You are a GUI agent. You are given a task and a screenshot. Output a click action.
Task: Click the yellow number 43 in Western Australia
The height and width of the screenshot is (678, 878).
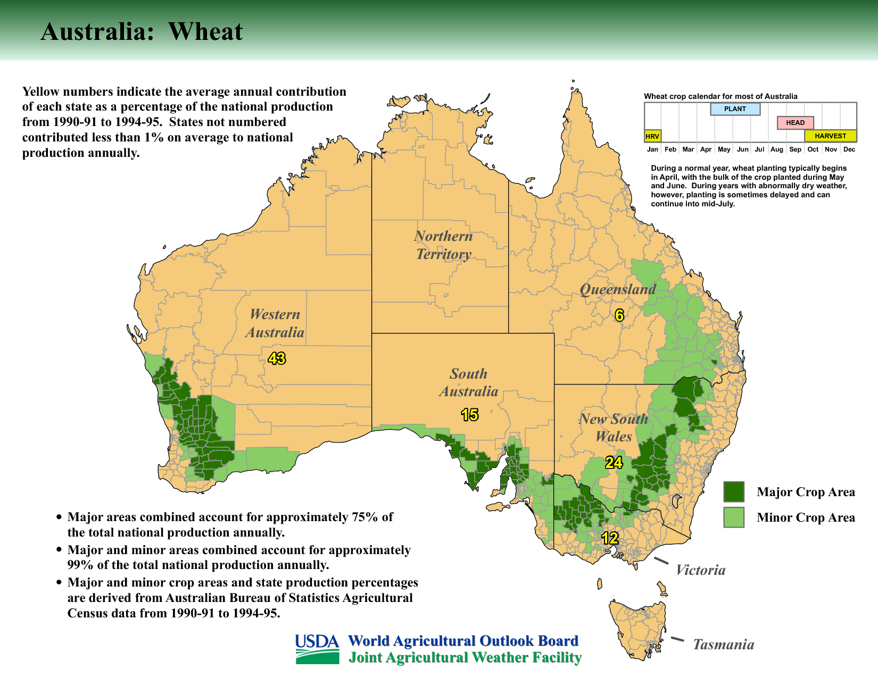tap(277, 358)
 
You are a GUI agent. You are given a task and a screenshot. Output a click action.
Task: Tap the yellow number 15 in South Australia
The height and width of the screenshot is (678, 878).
tap(469, 415)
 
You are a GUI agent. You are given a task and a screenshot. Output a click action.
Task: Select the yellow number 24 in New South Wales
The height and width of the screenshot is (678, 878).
tap(614, 463)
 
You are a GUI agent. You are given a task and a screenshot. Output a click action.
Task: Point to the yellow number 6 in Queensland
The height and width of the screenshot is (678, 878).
tap(619, 315)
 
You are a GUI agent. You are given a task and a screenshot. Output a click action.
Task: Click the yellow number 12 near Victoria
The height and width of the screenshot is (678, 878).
tap(609, 538)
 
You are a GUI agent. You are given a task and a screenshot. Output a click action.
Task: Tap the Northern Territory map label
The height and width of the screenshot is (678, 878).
tap(443, 245)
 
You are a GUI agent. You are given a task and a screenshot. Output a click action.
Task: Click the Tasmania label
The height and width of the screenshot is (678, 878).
tap(723, 644)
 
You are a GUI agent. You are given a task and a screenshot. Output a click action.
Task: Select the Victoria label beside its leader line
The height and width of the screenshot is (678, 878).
tap(700, 570)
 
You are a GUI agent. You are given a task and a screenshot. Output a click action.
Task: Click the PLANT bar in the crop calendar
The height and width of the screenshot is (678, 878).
tap(735, 109)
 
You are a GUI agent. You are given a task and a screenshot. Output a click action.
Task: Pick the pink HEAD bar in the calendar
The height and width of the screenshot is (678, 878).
tap(795, 123)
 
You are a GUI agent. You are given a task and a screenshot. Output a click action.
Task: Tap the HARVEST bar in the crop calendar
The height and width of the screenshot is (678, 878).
tap(830, 136)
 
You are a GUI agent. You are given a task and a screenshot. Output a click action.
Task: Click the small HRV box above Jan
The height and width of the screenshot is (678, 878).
tap(652, 136)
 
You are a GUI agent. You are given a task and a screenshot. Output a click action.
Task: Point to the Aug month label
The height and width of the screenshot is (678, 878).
tap(776, 149)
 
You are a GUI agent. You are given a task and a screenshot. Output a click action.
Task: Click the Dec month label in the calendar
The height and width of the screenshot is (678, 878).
tap(849, 149)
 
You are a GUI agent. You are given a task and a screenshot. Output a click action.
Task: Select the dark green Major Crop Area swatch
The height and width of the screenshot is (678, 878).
tap(734, 492)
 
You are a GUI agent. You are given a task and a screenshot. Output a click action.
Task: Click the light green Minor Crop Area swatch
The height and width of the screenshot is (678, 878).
tap(734, 517)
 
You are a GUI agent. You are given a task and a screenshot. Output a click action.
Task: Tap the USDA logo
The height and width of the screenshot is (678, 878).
tap(317, 649)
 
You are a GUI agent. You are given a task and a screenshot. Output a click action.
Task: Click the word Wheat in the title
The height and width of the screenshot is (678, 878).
tap(205, 31)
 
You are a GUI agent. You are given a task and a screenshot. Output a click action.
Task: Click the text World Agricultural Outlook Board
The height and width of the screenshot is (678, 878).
tap(463, 641)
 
